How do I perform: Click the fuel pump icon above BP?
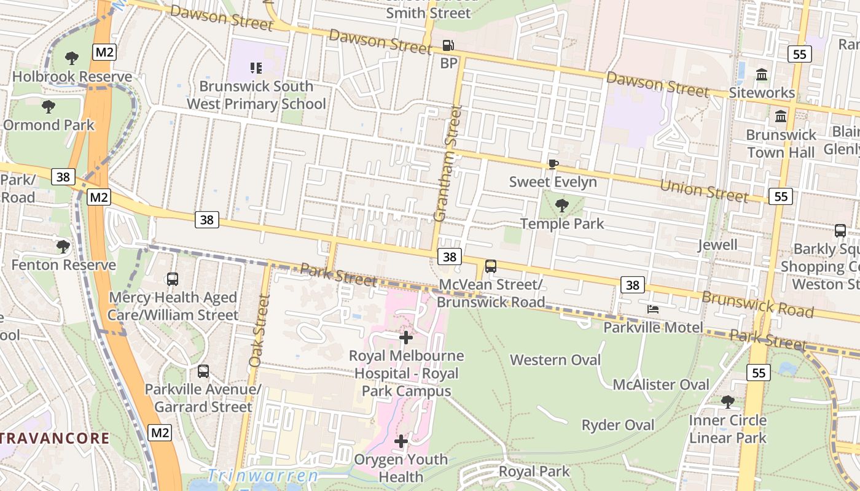click(448, 45)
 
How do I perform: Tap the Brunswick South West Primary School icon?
click(256, 68)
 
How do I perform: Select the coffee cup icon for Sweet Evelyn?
click(553, 164)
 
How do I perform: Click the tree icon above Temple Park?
click(561, 206)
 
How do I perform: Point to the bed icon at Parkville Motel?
click(652, 309)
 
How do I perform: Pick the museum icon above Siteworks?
click(762, 75)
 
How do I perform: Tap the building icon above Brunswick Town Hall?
click(781, 116)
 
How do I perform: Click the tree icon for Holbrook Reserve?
click(72, 58)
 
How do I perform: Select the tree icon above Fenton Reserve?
click(63, 247)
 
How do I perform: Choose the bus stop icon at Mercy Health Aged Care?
click(173, 279)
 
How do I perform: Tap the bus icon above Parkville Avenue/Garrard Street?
click(203, 371)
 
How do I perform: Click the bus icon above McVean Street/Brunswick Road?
click(490, 266)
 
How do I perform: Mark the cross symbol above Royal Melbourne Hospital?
click(405, 337)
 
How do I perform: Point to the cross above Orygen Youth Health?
click(401, 441)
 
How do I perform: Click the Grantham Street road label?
click(447, 163)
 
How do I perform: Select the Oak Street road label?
click(257, 331)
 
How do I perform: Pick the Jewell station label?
click(717, 245)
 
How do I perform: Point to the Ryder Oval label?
click(618, 425)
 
